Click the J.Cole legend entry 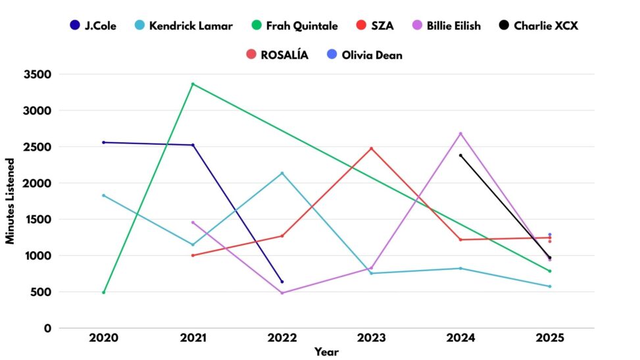point(92,26)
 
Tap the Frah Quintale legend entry point(294,26)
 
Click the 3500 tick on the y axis point(38,74)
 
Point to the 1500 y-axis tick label point(38,219)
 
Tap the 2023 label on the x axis point(371,338)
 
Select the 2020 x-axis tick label point(103,338)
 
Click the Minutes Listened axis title point(11,201)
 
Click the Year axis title point(326,352)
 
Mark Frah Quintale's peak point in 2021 point(193,84)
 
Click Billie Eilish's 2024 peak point point(460,134)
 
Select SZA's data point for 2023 point(371,148)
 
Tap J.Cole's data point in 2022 point(282,282)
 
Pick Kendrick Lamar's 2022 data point point(282,173)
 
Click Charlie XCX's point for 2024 point(460,155)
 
